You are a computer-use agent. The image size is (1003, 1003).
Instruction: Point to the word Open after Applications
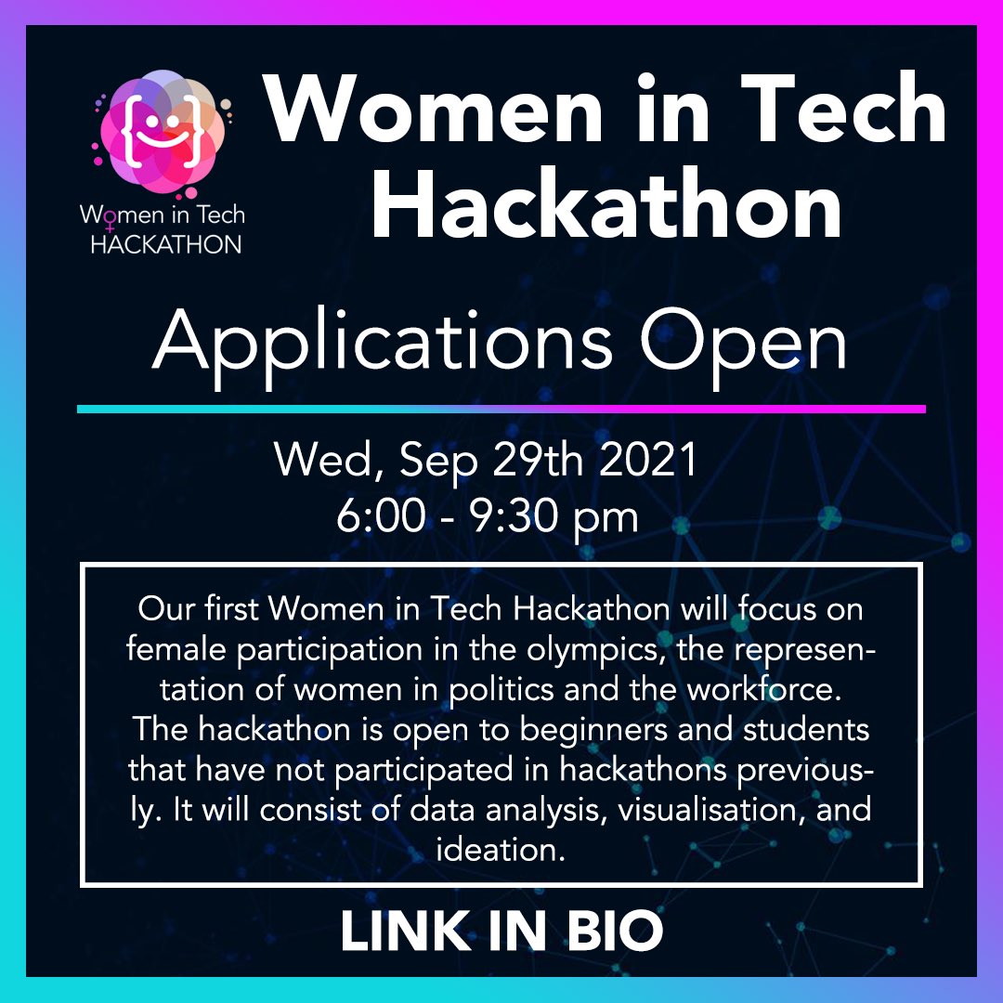click(x=744, y=342)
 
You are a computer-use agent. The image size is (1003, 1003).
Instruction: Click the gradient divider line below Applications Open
click(x=501, y=409)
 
